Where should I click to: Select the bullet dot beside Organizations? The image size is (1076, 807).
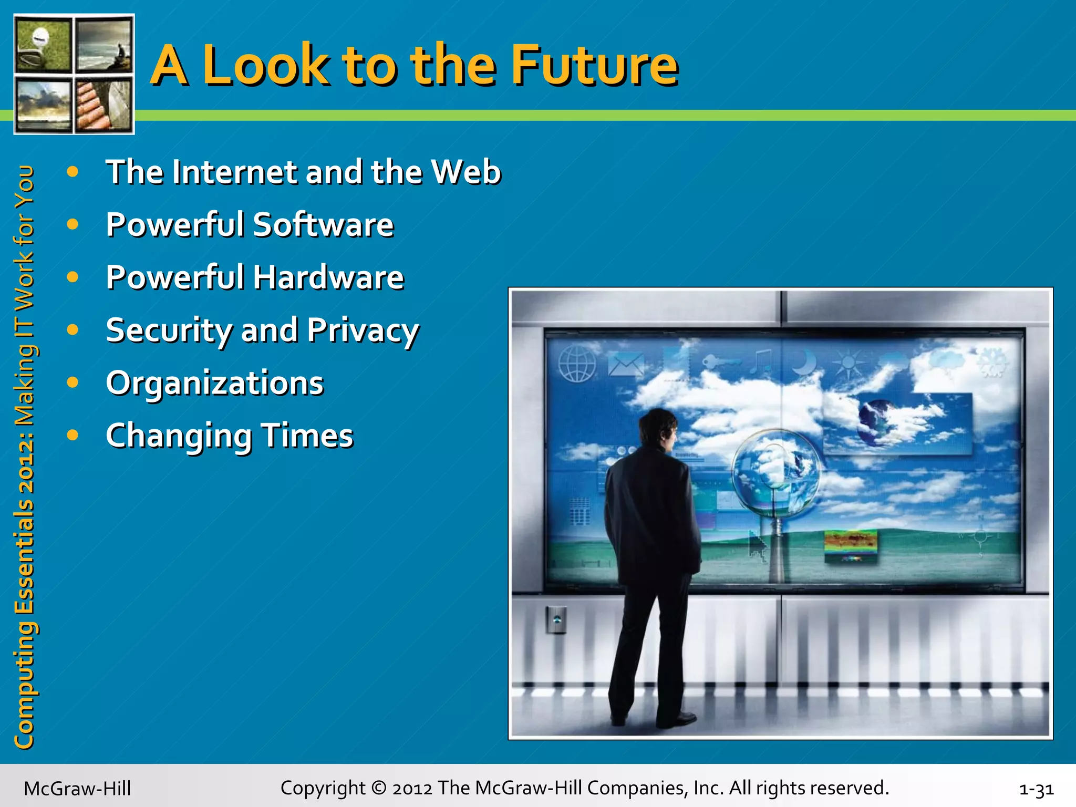73,382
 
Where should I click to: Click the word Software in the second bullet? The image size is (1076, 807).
323,225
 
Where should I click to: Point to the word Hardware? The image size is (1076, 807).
329,277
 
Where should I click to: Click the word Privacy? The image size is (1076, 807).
363,331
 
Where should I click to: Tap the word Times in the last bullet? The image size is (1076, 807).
307,436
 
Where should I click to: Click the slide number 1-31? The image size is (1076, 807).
1036,789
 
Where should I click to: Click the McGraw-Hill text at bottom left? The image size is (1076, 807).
77,789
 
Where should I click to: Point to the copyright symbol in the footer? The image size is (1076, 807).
378,788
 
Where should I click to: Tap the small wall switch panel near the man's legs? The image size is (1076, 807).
556,620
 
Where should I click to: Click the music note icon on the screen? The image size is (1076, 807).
761,361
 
